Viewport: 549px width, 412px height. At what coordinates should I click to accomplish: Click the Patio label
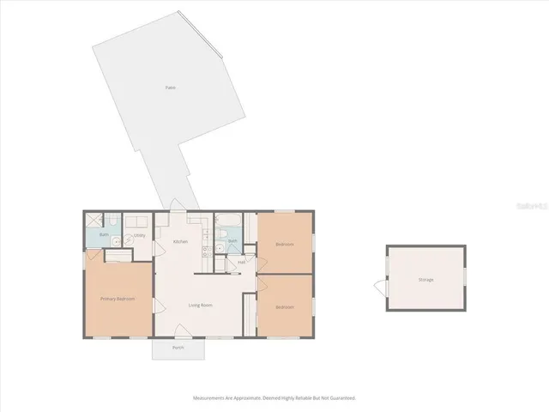pos(171,88)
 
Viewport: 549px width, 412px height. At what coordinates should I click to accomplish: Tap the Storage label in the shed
pos(425,280)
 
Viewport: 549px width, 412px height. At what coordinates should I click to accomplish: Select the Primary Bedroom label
pos(118,299)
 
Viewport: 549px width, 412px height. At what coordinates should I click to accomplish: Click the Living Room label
pos(201,306)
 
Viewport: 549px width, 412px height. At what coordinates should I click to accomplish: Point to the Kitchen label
pos(180,242)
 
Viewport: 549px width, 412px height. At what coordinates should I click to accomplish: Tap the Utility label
pos(139,234)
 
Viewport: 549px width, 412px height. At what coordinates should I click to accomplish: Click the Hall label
pos(242,261)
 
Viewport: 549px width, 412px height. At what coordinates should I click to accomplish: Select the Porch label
pos(178,348)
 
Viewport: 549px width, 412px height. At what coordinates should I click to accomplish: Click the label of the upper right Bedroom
pos(285,245)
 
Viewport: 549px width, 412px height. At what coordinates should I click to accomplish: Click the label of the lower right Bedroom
pos(285,306)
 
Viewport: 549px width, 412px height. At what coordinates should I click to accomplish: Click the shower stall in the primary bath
pos(94,220)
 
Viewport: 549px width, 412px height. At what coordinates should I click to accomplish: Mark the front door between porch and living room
pos(178,332)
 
